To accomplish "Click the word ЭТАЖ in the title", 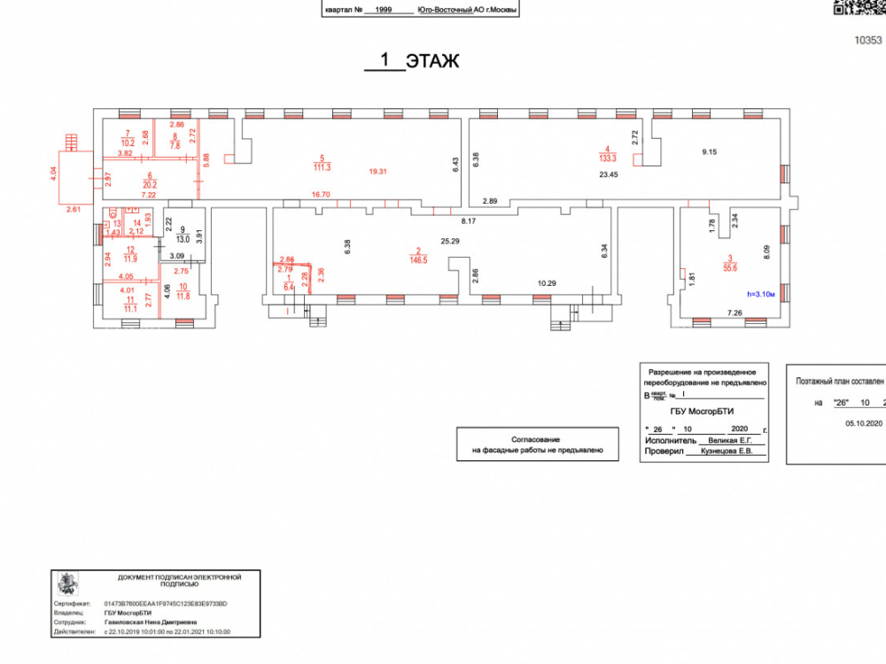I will pyautogui.click(x=432, y=61).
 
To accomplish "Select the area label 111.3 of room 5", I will pyautogui.click(x=322, y=167).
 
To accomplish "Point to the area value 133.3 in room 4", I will pyautogui.click(x=607, y=158).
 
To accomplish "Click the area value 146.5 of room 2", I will pyautogui.click(x=419, y=261).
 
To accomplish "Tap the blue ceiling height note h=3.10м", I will pyautogui.click(x=761, y=294).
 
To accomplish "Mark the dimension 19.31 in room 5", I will pyautogui.click(x=377, y=171).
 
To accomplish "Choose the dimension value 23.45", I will pyautogui.click(x=608, y=174).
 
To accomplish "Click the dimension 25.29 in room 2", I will pyautogui.click(x=451, y=241).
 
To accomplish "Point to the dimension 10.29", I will pyautogui.click(x=548, y=283).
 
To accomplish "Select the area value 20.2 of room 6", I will pyautogui.click(x=150, y=185).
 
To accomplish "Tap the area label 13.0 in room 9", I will pyautogui.click(x=183, y=238).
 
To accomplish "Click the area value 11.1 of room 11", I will pyautogui.click(x=129, y=308).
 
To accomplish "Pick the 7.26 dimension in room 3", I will pyautogui.click(x=734, y=313).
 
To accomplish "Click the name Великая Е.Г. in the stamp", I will pyautogui.click(x=725, y=440).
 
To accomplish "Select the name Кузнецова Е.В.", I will pyautogui.click(x=727, y=452).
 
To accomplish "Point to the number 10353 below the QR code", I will pyautogui.click(x=869, y=40).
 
